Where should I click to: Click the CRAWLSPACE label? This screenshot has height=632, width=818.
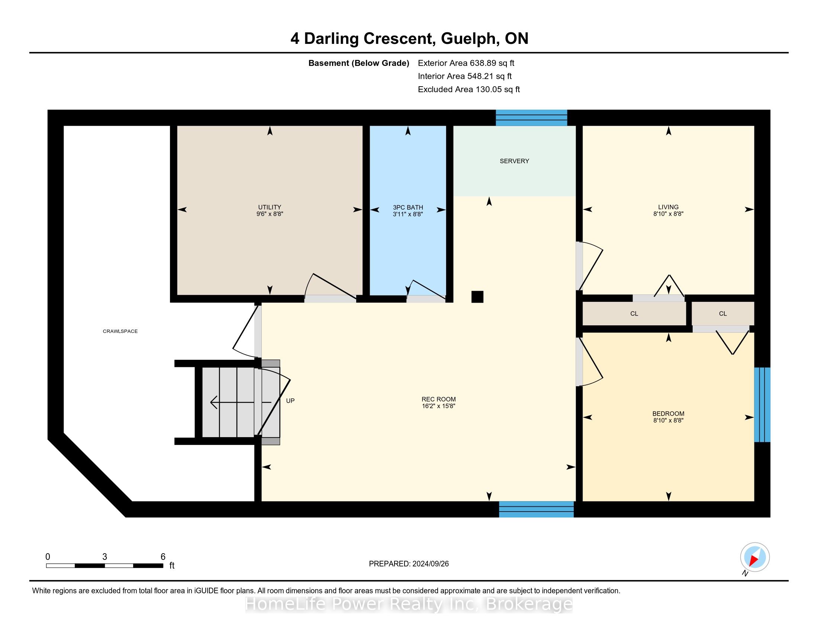(x=120, y=331)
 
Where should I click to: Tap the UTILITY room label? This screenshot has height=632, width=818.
(x=270, y=207)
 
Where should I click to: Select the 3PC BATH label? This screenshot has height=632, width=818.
(x=408, y=207)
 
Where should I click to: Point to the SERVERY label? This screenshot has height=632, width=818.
(x=514, y=161)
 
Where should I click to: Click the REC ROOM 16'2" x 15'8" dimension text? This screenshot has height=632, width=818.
(x=439, y=406)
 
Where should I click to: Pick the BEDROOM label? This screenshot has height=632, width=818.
(x=669, y=414)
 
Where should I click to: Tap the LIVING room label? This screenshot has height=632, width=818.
(x=669, y=207)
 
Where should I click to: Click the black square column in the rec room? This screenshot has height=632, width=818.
(x=477, y=297)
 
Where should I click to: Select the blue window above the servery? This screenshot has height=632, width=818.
(x=531, y=117)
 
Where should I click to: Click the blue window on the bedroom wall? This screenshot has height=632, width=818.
(x=762, y=405)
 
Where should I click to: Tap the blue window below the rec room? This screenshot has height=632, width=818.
(x=536, y=509)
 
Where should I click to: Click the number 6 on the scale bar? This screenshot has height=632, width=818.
(x=163, y=557)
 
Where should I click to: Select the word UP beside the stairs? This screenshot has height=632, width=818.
(x=290, y=401)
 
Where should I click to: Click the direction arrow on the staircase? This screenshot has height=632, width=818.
(x=241, y=403)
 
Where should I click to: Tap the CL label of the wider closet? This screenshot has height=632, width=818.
(x=634, y=314)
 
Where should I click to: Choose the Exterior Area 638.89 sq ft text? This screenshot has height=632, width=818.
(x=466, y=63)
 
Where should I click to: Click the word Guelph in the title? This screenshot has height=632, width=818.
(x=469, y=39)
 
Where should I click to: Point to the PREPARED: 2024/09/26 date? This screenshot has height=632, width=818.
(x=409, y=564)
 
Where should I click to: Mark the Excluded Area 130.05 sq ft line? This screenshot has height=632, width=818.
(x=469, y=90)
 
